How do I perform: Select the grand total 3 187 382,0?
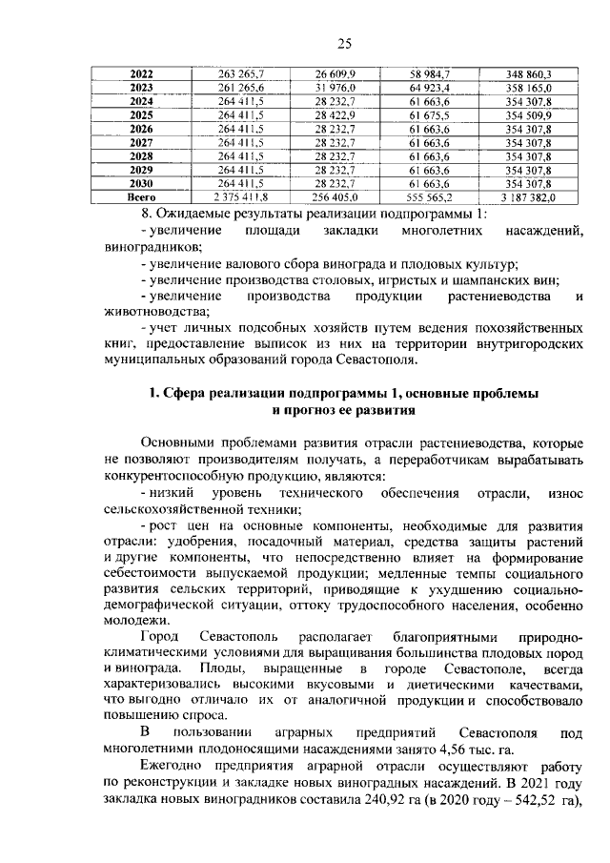tap(520, 196)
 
